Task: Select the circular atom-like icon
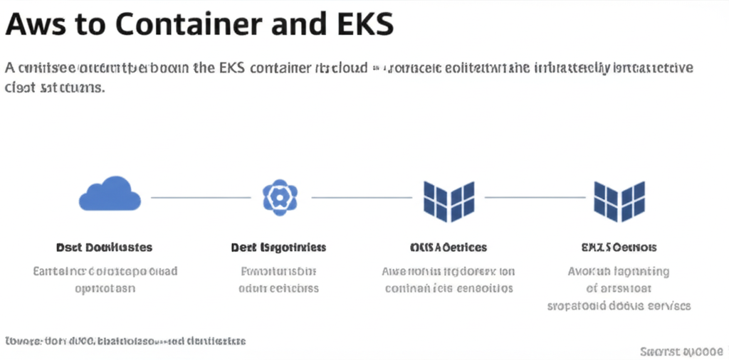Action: coord(280,196)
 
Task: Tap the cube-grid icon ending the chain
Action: coord(619,198)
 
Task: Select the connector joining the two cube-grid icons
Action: coord(534,197)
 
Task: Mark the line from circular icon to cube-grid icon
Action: coord(362,197)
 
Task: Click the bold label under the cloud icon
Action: coord(104,248)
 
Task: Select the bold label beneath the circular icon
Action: coord(278,248)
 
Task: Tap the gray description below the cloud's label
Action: coord(105,280)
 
